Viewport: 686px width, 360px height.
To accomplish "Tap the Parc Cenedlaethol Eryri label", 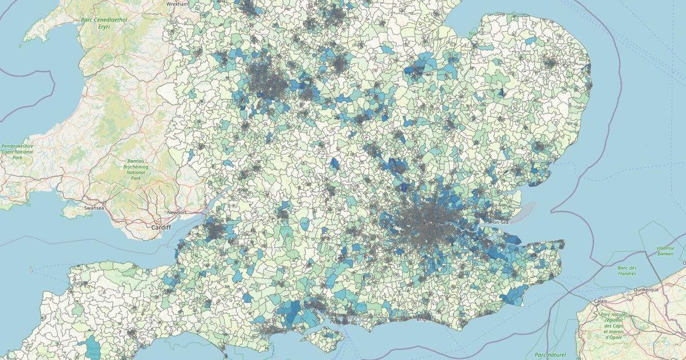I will (x=104, y=23).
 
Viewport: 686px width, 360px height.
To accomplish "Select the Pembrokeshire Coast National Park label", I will (x=17, y=151).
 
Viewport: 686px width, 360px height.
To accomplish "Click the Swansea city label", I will (x=93, y=209).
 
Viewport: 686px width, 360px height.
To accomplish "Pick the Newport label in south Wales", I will (x=177, y=213).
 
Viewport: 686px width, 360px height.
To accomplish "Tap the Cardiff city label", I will (x=157, y=227).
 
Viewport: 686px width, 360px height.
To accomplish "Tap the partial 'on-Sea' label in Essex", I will (x=501, y=221).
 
